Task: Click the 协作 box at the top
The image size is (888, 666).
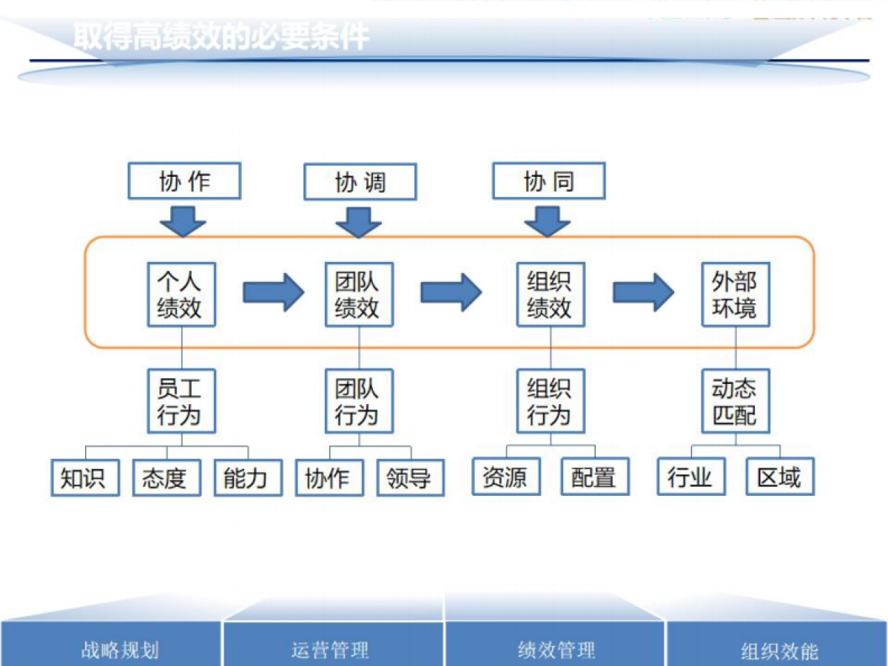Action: pyautogui.click(x=184, y=181)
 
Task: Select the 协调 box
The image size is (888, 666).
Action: pyautogui.click(x=360, y=181)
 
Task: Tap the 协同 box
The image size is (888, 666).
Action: pyautogui.click(x=548, y=181)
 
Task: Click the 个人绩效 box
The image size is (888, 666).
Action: pyautogui.click(x=181, y=295)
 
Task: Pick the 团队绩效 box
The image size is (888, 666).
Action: pyautogui.click(x=359, y=295)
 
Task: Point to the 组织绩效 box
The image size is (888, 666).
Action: pyautogui.click(x=551, y=295)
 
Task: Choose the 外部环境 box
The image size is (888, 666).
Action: pyautogui.click(x=736, y=295)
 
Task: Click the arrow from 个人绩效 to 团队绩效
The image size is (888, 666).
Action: pyautogui.click(x=273, y=293)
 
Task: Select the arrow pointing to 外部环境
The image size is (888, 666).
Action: pyautogui.click(x=643, y=293)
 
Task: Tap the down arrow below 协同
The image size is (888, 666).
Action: pyautogui.click(x=548, y=221)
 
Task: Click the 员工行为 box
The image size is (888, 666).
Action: pyautogui.click(x=181, y=401)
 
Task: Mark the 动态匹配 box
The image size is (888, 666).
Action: pyautogui.click(x=736, y=401)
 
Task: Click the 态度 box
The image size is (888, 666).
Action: pyautogui.click(x=166, y=477)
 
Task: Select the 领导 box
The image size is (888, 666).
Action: pyautogui.click(x=410, y=477)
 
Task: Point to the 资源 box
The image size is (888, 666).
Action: pyautogui.click(x=506, y=477)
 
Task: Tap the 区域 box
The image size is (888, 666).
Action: pyautogui.click(x=780, y=477)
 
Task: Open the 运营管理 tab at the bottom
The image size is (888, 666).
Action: pyautogui.click(x=332, y=650)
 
